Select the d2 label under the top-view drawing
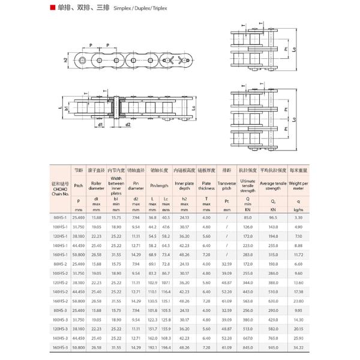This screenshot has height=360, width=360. click(x=128, y=125)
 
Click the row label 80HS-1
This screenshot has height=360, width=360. click(x=60, y=218)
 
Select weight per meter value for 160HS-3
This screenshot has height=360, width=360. click(x=298, y=347)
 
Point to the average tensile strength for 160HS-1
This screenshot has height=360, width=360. click(x=273, y=254)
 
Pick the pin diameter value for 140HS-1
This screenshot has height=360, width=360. click(x=136, y=245)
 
